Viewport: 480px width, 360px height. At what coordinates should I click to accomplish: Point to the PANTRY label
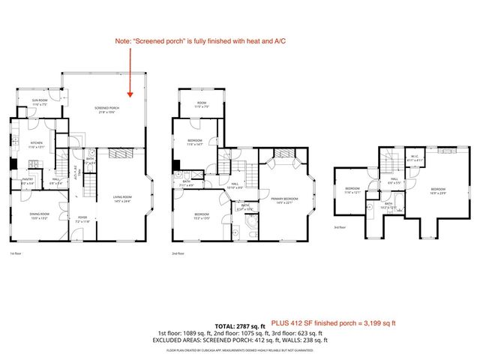(x=27, y=181)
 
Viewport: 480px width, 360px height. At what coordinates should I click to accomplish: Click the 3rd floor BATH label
(x=388, y=205)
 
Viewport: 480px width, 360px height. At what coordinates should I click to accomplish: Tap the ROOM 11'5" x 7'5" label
(x=201, y=105)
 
